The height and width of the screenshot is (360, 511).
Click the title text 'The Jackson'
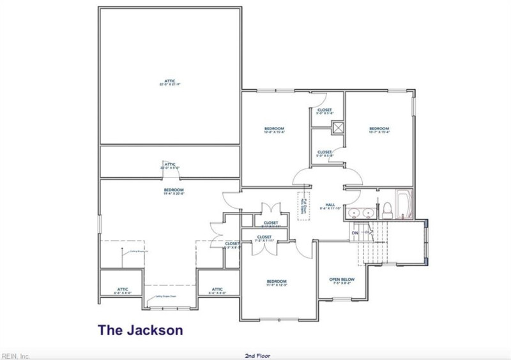140,330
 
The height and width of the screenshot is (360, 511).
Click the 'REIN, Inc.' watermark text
15,356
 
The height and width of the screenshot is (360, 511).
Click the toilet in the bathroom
387,209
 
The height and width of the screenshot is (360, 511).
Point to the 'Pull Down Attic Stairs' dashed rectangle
303,206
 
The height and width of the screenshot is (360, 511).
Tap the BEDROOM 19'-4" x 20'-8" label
174,191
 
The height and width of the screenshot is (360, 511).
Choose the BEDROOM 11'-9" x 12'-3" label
277,283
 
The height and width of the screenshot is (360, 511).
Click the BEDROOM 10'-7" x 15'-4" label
379,131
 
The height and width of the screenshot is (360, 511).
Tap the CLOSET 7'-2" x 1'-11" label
265,239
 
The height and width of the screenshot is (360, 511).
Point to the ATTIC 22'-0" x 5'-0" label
169,166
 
